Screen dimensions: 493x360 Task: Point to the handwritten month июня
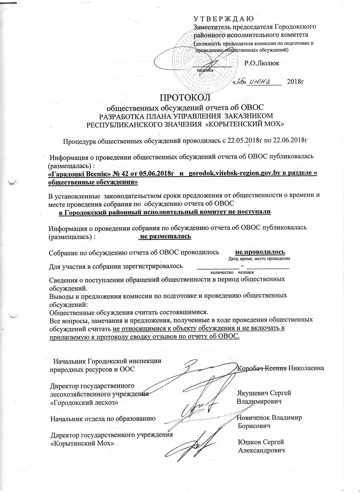click(x=262, y=82)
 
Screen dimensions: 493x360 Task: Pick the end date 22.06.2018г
click(x=291, y=140)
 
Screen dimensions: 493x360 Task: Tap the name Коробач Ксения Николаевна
click(x=281, y=368)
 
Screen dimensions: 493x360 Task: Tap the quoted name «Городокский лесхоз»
click(x=83, y=402)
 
